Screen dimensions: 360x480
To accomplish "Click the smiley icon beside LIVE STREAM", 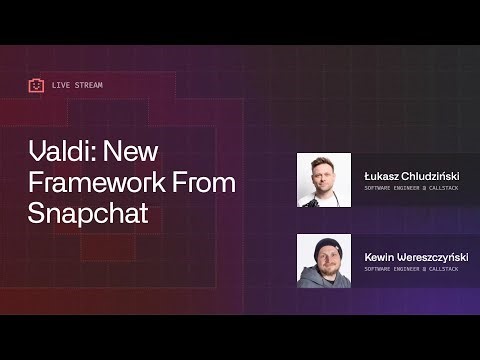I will (x=37, y=85).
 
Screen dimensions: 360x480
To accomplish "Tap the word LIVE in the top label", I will (x=60, y=85).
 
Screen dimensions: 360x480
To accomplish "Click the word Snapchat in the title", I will (x=81, y=213).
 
